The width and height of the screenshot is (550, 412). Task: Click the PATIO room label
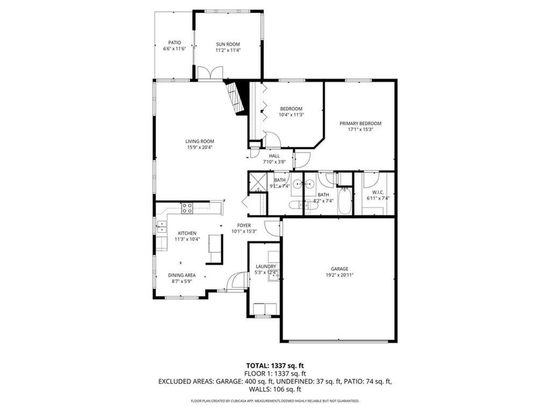click(x=174, y=43)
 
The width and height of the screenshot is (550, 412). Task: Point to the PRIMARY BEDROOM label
click(x=360, y=123)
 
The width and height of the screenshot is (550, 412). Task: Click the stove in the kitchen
click(x=187, y=209)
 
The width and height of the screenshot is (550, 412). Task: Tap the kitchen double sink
click(x=161, y=226)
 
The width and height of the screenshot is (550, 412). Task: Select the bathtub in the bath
click(x=343, y=201)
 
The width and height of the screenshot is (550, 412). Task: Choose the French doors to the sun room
click(x=208, y=74)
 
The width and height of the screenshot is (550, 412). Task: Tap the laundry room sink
click(x=272, y=275)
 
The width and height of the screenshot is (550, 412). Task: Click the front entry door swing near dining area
click(x=230, y=282)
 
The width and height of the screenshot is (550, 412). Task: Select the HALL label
click(x=274, y=156)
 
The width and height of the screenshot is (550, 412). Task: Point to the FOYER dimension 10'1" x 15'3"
click(x=247, y=231)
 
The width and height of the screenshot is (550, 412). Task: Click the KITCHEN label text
click(x=187, y=233)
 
